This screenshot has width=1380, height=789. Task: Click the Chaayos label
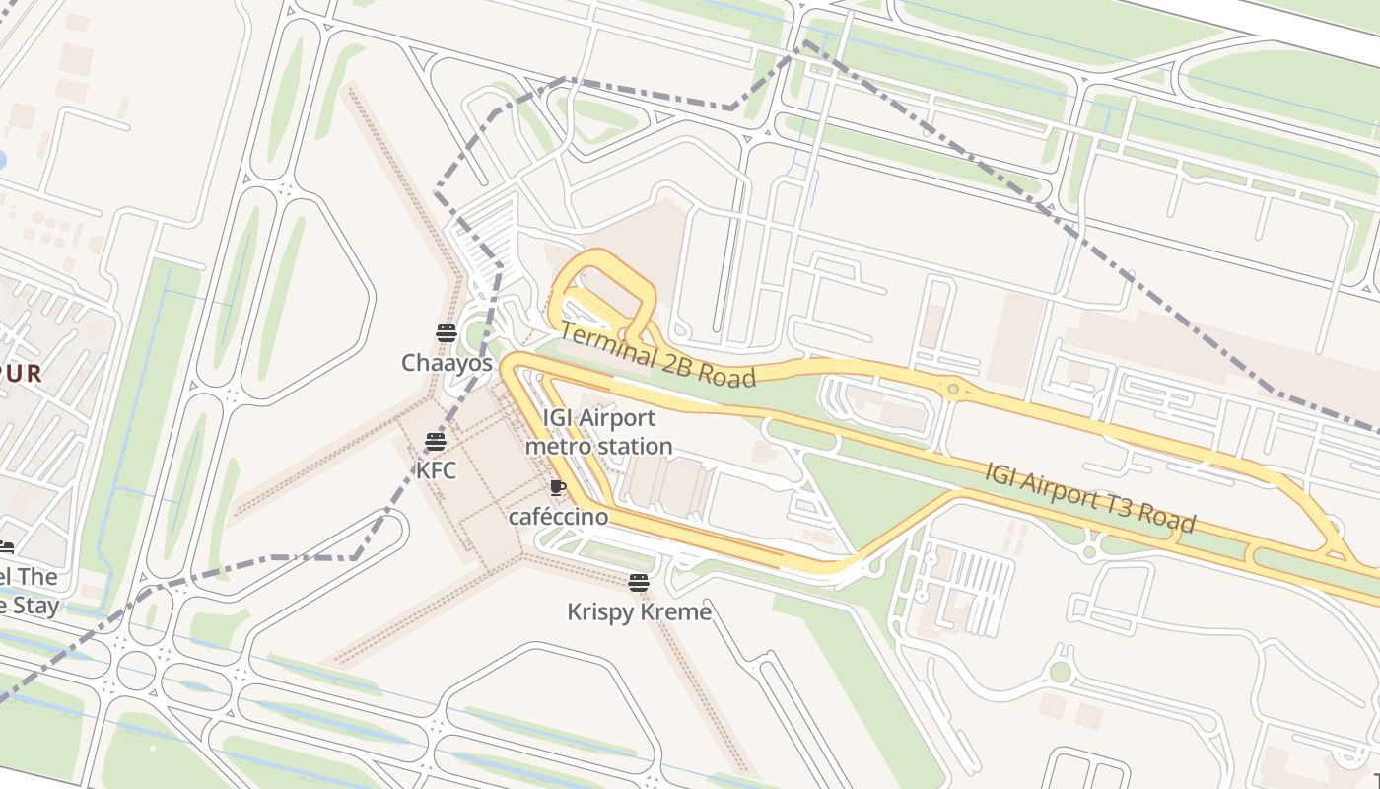tap(446, 363)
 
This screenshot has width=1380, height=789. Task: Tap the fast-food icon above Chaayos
tap(446, 333)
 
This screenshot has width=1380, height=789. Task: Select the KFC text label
tap(436, 470)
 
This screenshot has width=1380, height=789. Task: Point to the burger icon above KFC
tap(436, 441)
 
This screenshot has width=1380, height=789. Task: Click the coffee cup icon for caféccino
tap(557, 487)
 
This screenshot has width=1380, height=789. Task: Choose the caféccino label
tap(558, 517)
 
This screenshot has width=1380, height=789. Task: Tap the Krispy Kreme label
tap(639, 612)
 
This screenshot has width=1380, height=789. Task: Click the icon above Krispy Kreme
tap(639, 583)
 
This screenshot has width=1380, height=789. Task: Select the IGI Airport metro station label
tap(598, 432)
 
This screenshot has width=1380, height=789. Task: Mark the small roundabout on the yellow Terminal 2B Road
tap(952, 390)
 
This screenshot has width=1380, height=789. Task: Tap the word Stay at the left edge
tap(32, 606)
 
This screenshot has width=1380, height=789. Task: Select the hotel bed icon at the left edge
tap(5, 548)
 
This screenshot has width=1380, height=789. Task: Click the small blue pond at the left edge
tap(2, 159)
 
